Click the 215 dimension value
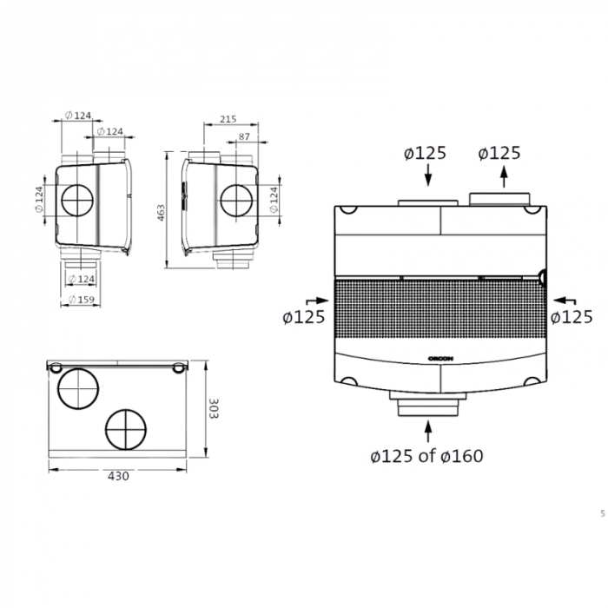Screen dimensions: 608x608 228,118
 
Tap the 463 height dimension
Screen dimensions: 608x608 162,212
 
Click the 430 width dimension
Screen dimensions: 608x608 118,476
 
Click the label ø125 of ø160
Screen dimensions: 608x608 426,456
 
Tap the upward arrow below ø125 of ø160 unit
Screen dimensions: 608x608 427,432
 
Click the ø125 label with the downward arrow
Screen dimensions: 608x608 425,154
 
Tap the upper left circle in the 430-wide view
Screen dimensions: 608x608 76,385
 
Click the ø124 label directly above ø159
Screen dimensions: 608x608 81,279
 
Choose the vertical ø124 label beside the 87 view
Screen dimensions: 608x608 274,201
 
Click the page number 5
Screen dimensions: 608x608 602,513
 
